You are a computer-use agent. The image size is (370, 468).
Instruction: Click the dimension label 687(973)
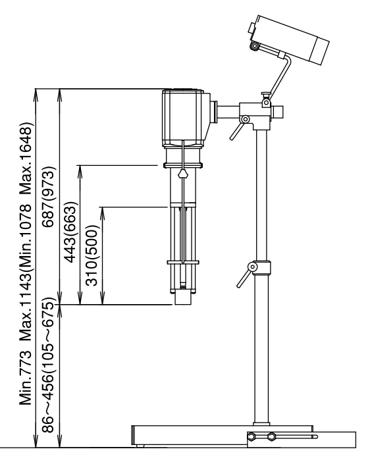coord(49,197)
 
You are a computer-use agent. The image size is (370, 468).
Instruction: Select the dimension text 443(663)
coord(71,232)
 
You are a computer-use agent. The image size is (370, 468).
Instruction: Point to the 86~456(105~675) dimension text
coord(49,365)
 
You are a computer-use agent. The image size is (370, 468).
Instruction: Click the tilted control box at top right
coord(288,39)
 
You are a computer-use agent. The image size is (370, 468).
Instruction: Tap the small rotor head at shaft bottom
coord(183,297)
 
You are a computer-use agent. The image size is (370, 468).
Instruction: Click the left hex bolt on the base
coord(251,437)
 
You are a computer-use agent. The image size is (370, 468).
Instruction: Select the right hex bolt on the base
coord(271,437)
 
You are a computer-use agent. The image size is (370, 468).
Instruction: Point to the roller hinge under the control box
coord(254,46)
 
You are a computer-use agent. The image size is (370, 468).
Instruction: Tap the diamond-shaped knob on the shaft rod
coord(183,174)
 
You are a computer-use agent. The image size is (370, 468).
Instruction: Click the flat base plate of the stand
coord(223,435)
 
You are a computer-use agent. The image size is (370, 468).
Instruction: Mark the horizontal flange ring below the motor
coord(183,165)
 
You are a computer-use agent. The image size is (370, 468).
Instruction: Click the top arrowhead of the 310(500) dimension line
coord(103,211)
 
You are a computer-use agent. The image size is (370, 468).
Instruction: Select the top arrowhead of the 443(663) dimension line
coord(80,170)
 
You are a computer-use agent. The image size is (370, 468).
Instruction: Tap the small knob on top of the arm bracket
coord(265,95)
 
